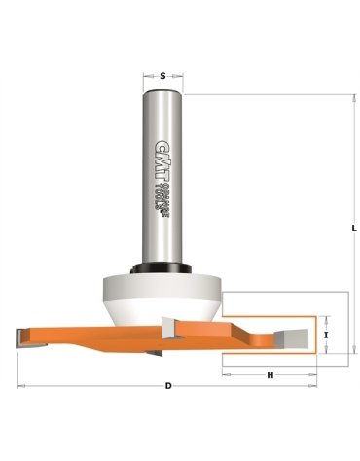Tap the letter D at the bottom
coord(169,386)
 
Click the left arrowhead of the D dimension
coord(21,386)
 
